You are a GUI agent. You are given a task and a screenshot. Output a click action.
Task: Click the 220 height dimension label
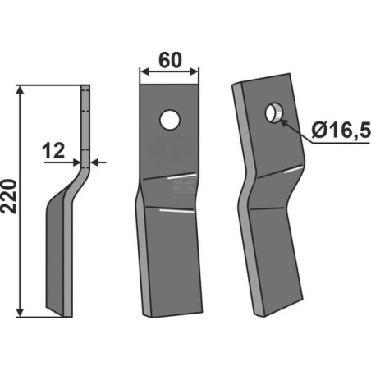9,196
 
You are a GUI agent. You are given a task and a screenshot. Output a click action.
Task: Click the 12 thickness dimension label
53,151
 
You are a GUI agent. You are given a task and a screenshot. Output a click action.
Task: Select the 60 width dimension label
170,60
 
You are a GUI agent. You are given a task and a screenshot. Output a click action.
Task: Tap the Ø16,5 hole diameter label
341,130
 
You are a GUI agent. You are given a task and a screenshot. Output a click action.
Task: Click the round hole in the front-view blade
170,120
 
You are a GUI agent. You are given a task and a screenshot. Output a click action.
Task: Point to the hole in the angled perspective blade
274,112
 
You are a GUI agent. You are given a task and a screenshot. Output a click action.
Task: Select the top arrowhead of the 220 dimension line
20,90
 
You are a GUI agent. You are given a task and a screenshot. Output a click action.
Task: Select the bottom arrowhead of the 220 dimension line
20,312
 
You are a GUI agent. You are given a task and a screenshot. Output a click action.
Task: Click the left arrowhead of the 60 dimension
144,71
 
